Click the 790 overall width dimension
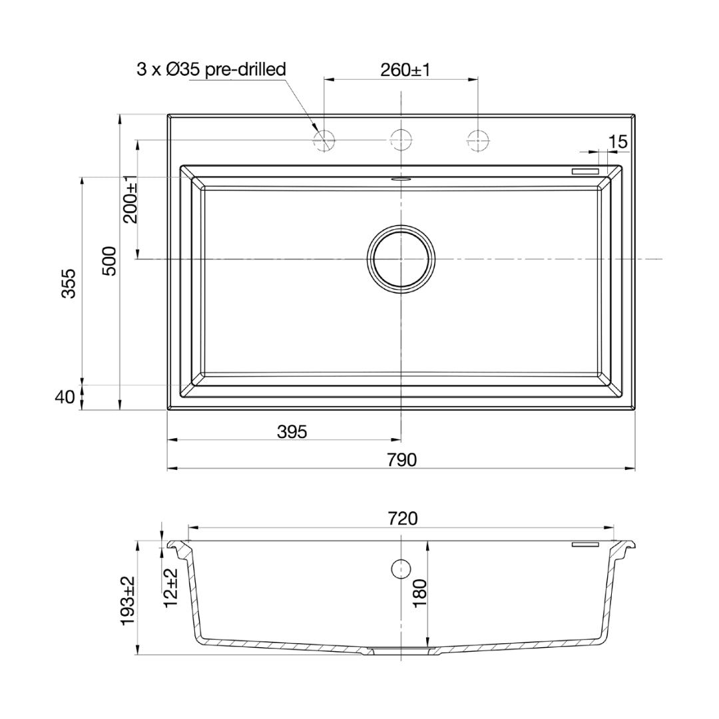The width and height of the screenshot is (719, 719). tap(402, 459)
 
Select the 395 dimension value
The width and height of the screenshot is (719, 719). tap(292, 431)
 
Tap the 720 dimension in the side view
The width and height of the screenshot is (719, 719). tap(401, 518)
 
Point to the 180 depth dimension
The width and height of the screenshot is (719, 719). tap(419, 593)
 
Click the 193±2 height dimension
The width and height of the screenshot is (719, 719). tap(128, 600)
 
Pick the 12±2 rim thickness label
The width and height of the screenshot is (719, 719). tap(171, 588)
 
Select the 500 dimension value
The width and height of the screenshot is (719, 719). tap(110, 260)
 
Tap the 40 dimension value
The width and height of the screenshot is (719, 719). tap(64, 397)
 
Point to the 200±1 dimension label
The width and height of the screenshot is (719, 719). tap(130, 199)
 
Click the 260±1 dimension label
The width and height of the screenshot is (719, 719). tap(405, 70)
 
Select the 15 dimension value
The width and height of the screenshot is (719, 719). tap(617, 141)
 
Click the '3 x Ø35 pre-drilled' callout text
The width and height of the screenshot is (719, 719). tap(211, 69)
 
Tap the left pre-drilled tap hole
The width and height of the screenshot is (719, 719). tap(324, 140)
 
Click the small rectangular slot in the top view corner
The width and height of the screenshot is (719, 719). tap(587, 171)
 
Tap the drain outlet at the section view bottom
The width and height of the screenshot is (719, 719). tap(401, 652)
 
